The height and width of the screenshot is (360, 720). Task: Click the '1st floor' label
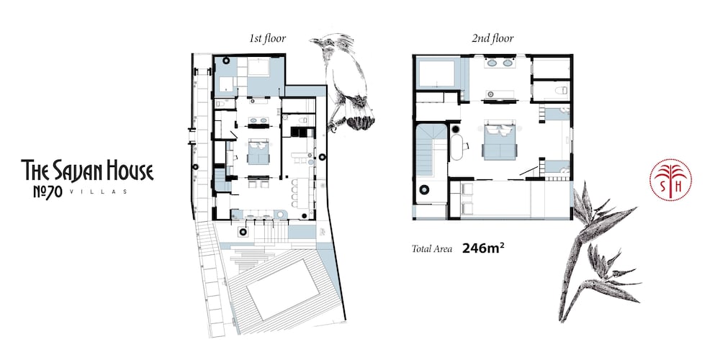(x=268, y=39)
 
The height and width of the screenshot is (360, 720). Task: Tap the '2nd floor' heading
(x=492, y=39)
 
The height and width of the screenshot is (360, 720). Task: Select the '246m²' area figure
(x=485, y=248)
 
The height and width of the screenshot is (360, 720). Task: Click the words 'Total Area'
(x=432, y=249)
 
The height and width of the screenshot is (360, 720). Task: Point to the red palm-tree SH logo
(x=670, y=179)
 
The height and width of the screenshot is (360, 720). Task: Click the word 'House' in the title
(x=130, y=171)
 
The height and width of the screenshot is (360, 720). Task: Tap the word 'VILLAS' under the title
(x=97, y=192)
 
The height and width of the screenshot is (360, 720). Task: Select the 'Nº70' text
(x=48, y=192)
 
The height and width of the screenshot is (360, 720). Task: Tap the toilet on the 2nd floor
(x=562, y=91)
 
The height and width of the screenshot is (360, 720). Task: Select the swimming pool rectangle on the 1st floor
(x=283, y=289)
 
